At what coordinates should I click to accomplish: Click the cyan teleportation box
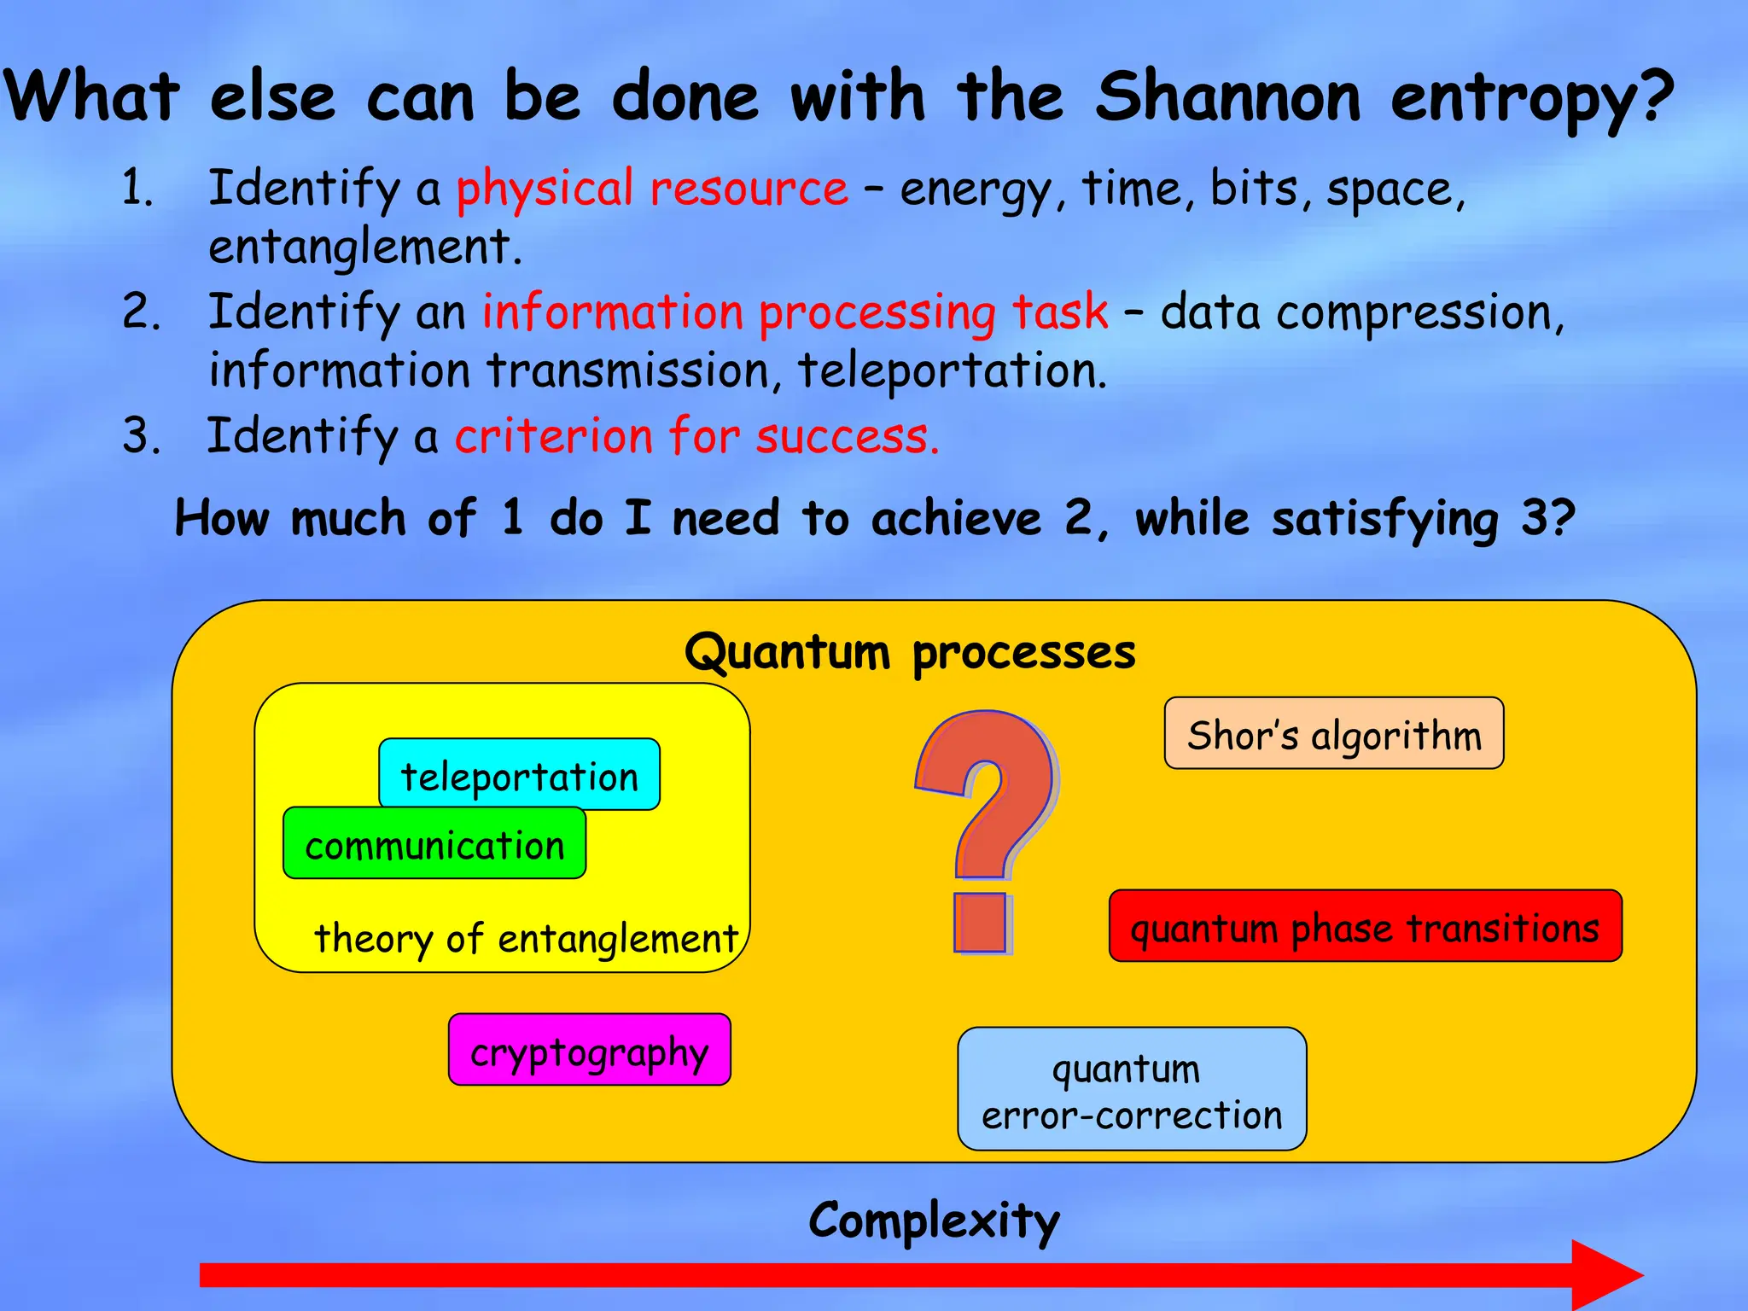pos(519,775)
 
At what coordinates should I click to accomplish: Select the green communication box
pos(434,844)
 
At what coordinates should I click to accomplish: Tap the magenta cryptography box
pos(589,1051)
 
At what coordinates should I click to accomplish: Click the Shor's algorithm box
pos(1333,734)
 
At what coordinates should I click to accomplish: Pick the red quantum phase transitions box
pos(1365,927)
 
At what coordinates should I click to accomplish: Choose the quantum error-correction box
pos(1132,1090)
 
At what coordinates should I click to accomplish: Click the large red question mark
pos(986,819)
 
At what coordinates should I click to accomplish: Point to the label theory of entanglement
pos(525,938)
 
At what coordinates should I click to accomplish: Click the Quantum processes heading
pos(910,652)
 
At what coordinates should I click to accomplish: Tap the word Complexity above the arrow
pos(934,1221)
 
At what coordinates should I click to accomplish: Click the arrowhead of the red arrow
pos(1605,1275)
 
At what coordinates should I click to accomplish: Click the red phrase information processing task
pos(795,312)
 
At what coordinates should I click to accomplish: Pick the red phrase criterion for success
pos(696,436)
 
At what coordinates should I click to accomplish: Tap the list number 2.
pos(141,312)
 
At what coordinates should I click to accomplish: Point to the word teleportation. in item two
pos(952,371)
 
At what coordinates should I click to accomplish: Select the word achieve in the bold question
pos(956,518)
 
